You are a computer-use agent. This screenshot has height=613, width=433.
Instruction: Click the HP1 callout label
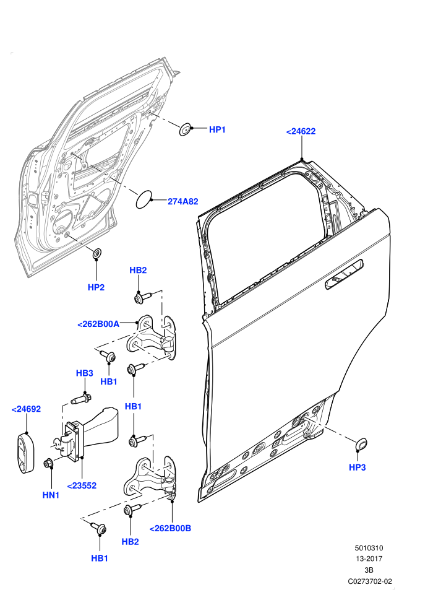click(x=217, y=129)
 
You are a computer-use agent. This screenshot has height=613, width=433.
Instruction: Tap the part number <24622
click(x=301, y=131)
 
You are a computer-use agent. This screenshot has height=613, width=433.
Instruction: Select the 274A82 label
click(x=182, y=201)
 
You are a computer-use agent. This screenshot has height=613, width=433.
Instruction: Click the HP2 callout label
click(x=96, y=287)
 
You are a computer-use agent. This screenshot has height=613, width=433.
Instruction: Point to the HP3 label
click(x=358, y=467)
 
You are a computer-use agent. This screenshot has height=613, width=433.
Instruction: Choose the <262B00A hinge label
click(x=98, y=324)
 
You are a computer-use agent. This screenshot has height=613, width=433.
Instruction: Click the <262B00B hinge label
click(x=170, y=528)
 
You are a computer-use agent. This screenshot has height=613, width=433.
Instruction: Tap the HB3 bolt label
click(x=84, y=373)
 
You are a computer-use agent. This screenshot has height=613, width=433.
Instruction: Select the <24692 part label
click(x=26, y=409)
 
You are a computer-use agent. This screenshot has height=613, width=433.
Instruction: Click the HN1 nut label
click(x=51, y=495)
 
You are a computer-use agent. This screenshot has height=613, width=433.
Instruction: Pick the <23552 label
click(x=82, y=485)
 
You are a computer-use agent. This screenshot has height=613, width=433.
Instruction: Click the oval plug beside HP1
click(x=185, y=129)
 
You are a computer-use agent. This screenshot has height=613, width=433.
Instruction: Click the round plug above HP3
click(x=361, y=443)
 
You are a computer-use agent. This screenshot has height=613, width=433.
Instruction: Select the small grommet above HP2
click(x=96, y=253)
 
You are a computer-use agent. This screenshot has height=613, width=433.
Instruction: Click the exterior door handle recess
click(x=345, y=274)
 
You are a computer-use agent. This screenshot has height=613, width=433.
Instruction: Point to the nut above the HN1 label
click(x=49, y=463)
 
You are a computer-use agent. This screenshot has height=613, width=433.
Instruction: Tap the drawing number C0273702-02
click(x=370, y=581)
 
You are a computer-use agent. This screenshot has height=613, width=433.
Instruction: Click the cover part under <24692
click(x=25, y=452)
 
